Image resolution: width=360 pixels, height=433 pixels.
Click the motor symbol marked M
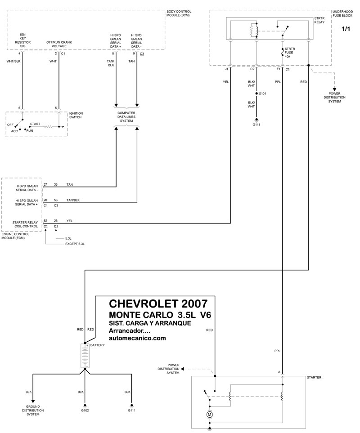(209, 414)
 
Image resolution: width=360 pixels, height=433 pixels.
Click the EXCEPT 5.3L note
(75, 244)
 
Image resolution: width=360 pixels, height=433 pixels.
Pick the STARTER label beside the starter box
(314, 378)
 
